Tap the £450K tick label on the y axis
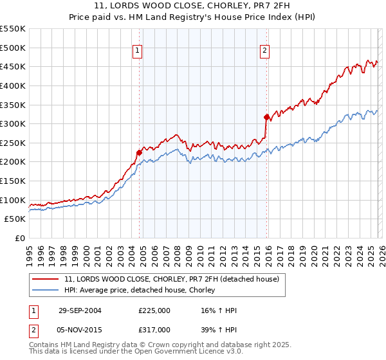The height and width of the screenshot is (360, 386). tap(13, 66)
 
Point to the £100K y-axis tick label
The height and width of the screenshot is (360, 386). tap(13, 200)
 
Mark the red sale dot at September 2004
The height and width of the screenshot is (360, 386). tap(139, 152)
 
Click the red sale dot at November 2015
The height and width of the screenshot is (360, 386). tap(266, 117)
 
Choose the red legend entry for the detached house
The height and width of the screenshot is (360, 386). tap(171, 279)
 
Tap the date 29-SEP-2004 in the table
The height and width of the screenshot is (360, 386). tap(79, 310)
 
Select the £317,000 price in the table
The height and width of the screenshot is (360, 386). tap(154, 329)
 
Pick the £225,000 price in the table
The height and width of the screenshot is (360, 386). tap(154, 310)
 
